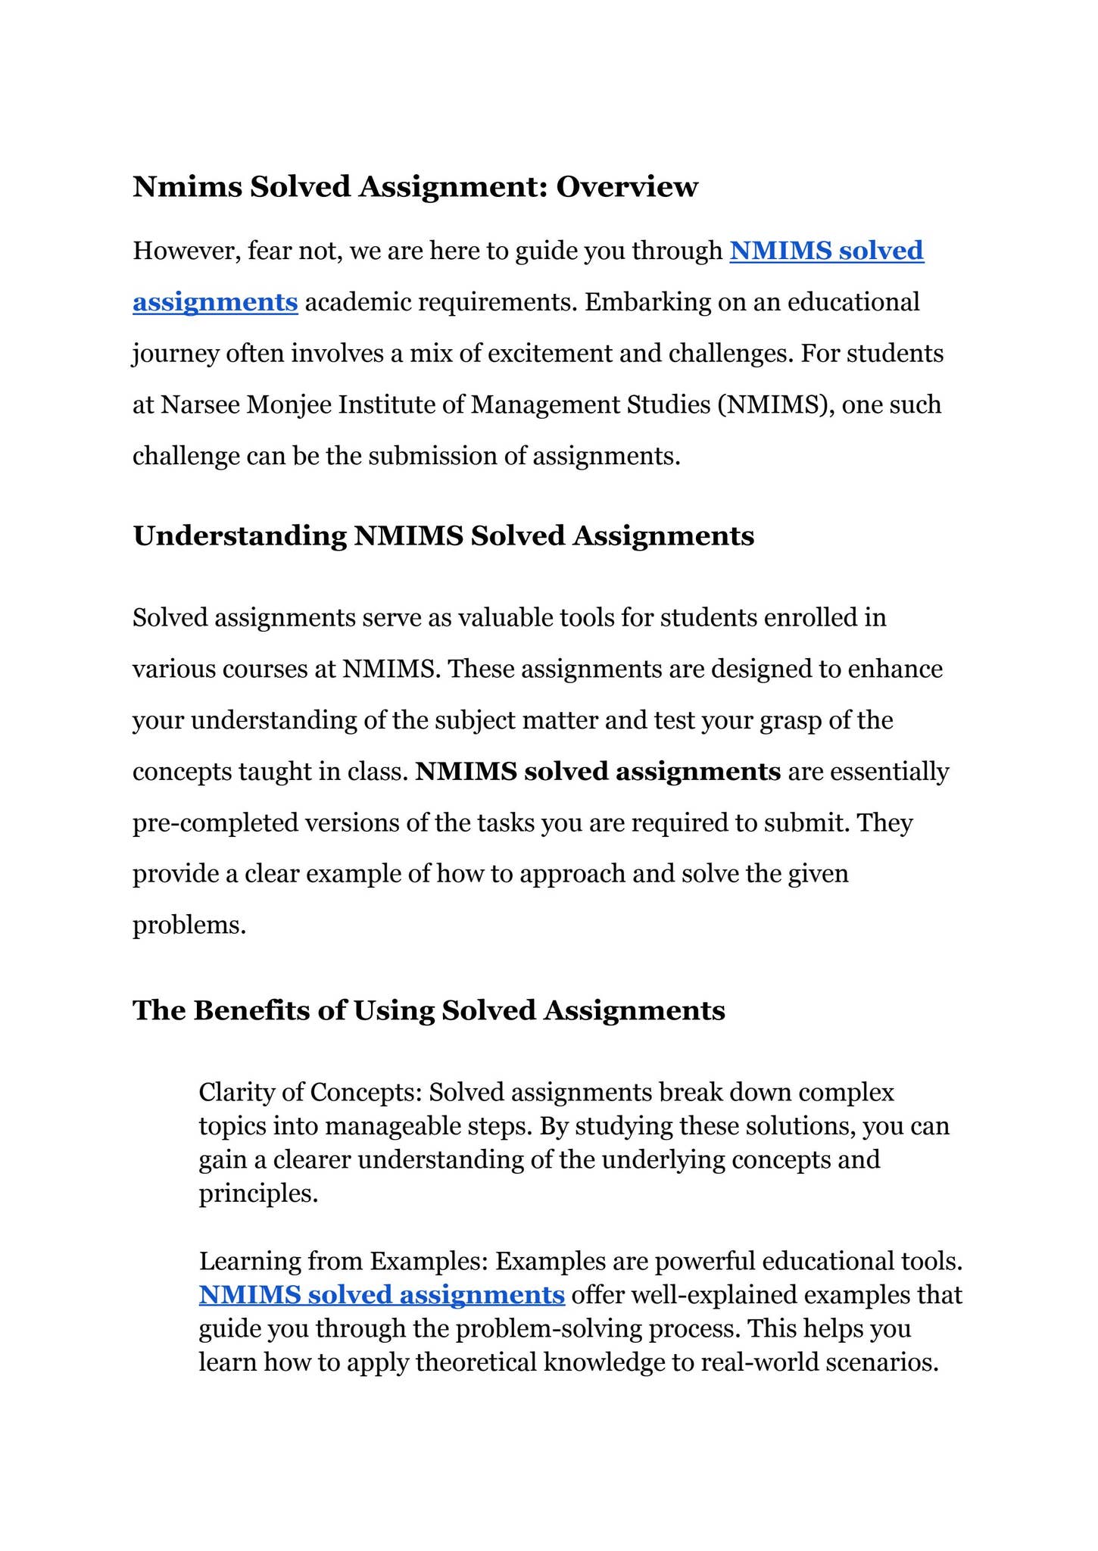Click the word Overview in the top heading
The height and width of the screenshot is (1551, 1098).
pyautogui.click(x=626, y=187)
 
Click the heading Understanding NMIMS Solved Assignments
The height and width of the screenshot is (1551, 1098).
pyautogui.click(x=443, y=536)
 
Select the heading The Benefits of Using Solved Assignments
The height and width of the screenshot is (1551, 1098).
pyautogui.click(x=429, y=1010)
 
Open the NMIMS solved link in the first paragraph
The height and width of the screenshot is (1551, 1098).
pyautogui.click(x=826, y=251)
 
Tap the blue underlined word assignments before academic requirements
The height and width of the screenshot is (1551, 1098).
pyautogui.click(x=215, y=302)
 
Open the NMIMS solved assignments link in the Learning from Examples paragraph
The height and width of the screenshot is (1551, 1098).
pyautogui.click(x=382, y=1294)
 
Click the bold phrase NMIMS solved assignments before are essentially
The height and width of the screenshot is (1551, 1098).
pyautogui.click(x=598, y=772)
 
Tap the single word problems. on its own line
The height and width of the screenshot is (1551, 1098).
pyautogui.click(x=189, y=925)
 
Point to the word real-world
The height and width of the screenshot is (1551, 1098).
pyautogui.click(x=760, y=1362)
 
